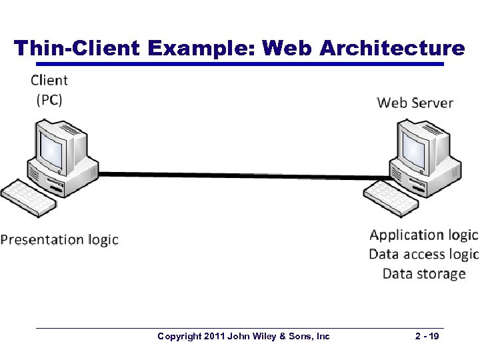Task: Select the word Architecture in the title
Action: (x=392, y=48)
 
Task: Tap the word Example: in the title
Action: (x=201, y=48)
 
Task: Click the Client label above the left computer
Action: (x=49, y=81)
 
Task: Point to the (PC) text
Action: (x=49, y=100)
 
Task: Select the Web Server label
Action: (x=415, y=103)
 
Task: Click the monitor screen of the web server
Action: (x=413, y=147)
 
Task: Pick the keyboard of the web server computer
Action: (x=391, y=197)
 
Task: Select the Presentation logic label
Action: (x=59, y=240)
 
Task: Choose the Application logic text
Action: (x=423, y=235)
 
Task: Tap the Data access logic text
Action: (x=423, y=254)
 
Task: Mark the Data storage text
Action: (x=424, y=273)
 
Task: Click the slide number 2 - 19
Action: (x=426, y=337)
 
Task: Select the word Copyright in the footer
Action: (x=179, y=337)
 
